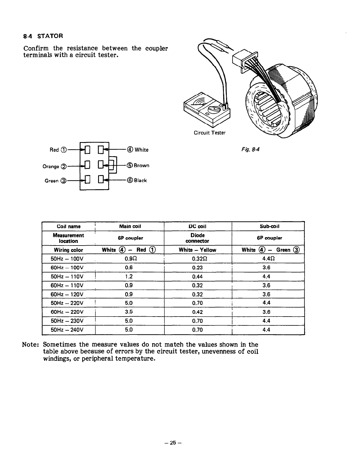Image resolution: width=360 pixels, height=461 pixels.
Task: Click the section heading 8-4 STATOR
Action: click(x=43, y=36)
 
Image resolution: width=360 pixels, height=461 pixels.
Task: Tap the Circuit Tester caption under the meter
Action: click(x=209, y=133)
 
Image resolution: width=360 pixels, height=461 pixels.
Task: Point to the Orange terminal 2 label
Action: click(x=55, y=166)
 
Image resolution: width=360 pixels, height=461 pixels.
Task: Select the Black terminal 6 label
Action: click(x=137, y=180)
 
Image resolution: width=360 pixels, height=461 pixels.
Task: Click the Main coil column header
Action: click(x=130, y=226)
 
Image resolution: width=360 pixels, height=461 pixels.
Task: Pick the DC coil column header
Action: click(x=197, y=226)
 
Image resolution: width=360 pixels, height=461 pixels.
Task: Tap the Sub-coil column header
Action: click(x=268, y=226)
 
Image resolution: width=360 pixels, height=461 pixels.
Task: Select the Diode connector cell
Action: click(x=197, y=238)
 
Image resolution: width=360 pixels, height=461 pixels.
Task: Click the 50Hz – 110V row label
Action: click(x=67, y=277)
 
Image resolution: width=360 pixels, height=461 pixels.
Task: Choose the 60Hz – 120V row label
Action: click(x=67, y=294)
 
